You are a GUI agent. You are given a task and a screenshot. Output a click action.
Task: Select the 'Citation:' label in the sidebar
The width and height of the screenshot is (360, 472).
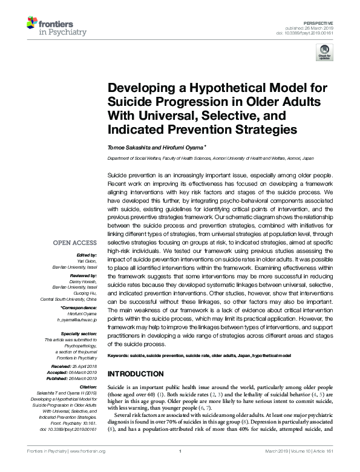[88, 386]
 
